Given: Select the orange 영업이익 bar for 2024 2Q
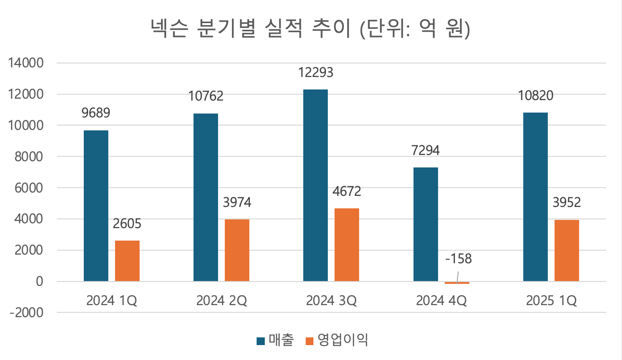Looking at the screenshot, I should coord(237,250).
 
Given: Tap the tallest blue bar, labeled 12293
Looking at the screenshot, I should coord(315,185).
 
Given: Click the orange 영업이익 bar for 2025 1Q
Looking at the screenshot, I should coord(567,250).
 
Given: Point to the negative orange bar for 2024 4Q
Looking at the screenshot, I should coord(457,283).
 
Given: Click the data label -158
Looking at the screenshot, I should coord(458,259).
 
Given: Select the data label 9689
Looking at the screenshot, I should coord(96,114).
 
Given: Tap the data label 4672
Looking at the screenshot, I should coord(347,192).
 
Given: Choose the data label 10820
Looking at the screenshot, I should coord(535,96).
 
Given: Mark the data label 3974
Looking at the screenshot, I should coord(237,202).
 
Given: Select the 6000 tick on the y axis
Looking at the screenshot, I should coord(30,188).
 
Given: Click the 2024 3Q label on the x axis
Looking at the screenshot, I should coord(331,301).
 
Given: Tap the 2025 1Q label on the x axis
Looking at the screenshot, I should coord(551,301).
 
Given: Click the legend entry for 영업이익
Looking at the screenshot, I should coord(343,341).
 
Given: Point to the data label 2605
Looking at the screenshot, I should coord(127,224).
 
